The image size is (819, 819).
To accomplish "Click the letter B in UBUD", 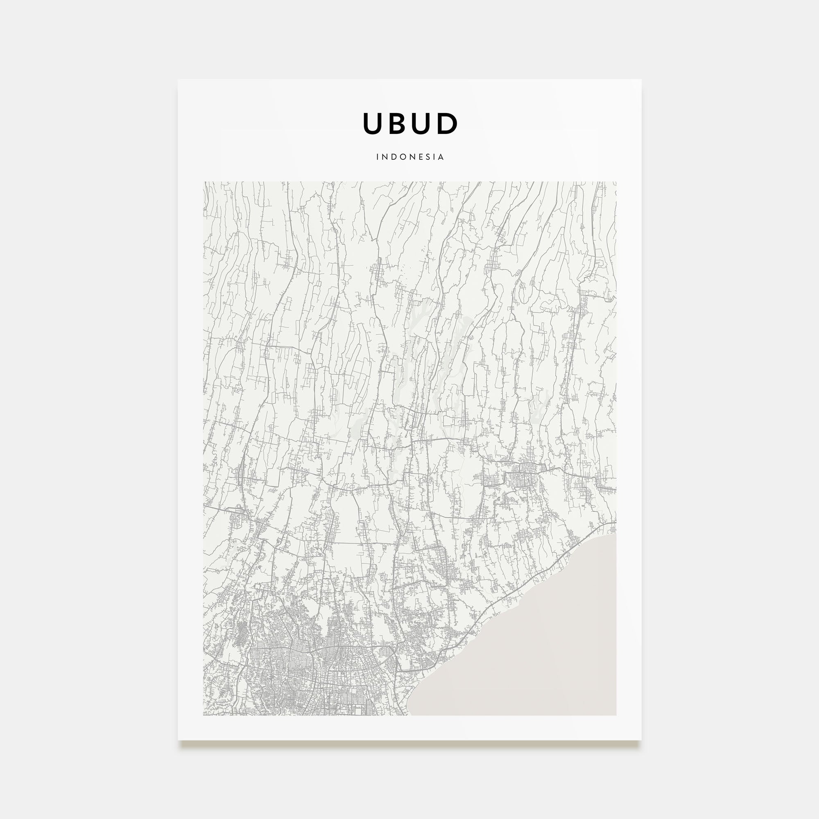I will (x=397, y=123).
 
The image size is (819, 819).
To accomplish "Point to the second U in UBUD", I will (x=422, y=123).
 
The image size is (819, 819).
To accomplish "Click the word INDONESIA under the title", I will (x=410, y=157).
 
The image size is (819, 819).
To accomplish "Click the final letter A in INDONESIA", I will (x=441, y=157).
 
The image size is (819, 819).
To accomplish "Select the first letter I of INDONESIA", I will (x=377, y=157).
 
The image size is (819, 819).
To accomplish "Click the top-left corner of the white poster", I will (x=178, y=80).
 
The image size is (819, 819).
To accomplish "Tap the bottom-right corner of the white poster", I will (x=641, y=740).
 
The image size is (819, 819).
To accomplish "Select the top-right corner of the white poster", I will (x=641, y=80).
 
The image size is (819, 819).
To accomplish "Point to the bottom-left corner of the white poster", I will (x=178, y=740).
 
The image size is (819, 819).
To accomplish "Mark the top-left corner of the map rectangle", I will (x=204, y=182).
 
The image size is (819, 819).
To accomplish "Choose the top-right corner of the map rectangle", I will (x=616, y=182).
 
